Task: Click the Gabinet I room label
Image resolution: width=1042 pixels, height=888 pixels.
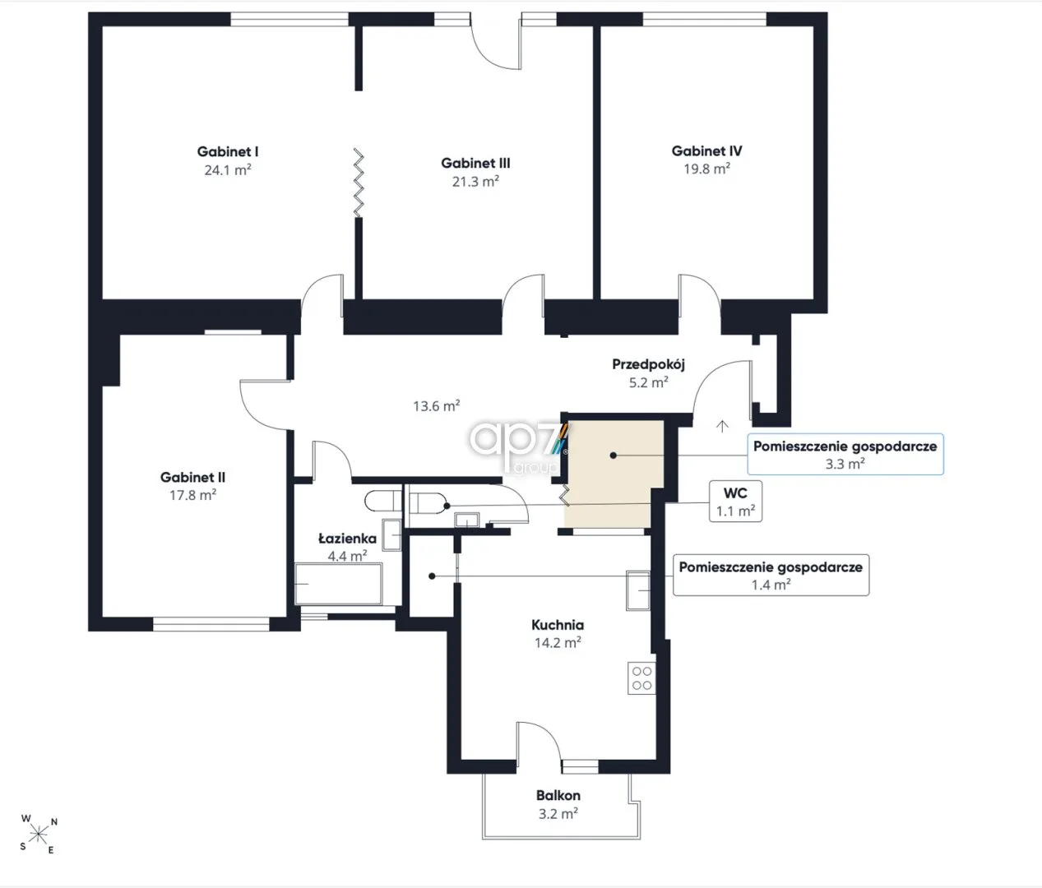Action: (227, 151)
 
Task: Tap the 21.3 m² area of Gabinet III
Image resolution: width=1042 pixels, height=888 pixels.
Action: (475, 181)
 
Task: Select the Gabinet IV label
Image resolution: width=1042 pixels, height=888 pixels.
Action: (706, 150)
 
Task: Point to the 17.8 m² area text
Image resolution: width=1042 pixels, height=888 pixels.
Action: (192, 495)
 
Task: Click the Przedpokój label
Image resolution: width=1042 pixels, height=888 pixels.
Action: (648, 364)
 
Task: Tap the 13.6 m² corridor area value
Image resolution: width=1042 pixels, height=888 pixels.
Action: (437, 405)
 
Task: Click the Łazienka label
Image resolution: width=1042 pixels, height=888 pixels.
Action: (347, 539)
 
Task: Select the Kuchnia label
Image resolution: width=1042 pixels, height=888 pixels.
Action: (558, 625)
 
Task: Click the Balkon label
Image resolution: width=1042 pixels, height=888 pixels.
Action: (558, 795)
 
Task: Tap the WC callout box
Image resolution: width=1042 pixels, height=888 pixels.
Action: (735, 502)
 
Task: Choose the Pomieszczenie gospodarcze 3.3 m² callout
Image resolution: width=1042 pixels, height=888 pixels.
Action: (845, 454)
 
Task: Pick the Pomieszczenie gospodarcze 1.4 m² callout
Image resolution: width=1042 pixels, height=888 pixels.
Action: (771, 575)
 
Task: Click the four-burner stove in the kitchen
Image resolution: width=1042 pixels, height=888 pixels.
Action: (641, 678)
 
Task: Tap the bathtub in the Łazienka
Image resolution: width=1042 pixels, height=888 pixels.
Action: (338, 584)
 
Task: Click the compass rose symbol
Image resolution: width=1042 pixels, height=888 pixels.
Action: (39, 835)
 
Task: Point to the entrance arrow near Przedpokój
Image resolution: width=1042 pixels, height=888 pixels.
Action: (722, 427)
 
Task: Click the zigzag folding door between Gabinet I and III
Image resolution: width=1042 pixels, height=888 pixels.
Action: (359, 183)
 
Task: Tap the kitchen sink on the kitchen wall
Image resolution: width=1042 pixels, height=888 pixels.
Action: (638, 590)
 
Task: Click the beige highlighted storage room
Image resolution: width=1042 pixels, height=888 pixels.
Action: (614, 474)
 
